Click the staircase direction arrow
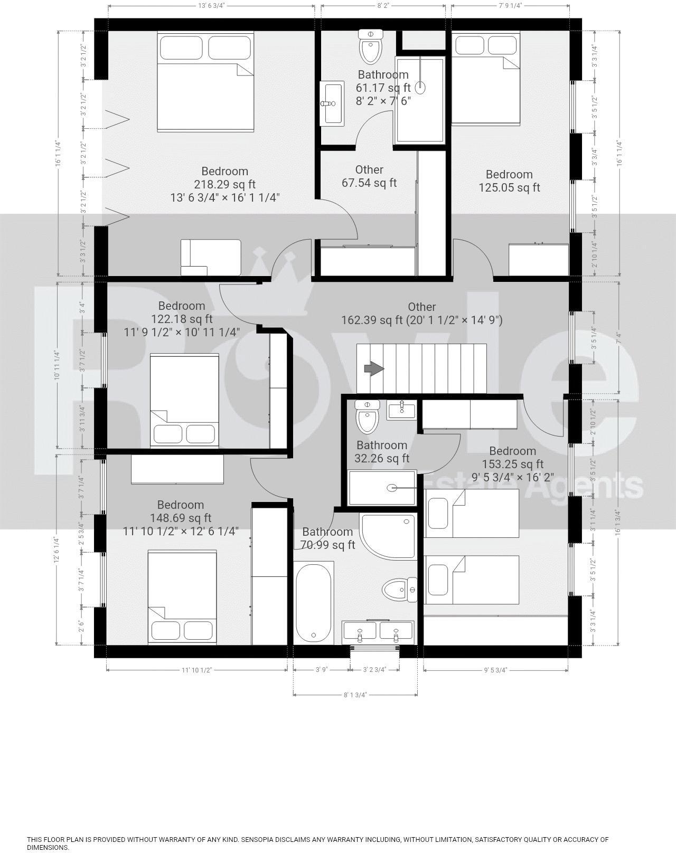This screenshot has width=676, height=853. (x=374, y=369)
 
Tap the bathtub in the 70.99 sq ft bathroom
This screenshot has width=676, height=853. (x=313, y=602)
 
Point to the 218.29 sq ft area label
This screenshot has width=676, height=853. (x=224, y=184)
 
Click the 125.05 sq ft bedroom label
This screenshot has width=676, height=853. (x=509, y=181)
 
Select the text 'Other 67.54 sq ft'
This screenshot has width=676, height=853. (x=369, y=176)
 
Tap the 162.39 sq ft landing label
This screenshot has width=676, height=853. (x=421, y=314)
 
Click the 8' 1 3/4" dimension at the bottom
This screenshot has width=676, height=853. (x=355, y=695)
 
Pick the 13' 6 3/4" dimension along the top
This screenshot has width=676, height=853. (x=211, y=6)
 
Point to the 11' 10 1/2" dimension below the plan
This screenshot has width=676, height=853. (x=196, y=670)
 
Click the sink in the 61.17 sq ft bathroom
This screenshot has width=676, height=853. (x=332, y=103)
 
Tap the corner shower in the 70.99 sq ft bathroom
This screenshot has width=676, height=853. (x=388, y=534)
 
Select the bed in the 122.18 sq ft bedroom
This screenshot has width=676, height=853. (x=184, y=401)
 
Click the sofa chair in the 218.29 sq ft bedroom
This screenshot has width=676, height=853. (x=210, y=257)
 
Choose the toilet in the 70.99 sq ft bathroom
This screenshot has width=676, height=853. (x=399, y=589)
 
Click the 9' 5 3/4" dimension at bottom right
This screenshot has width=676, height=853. (x=495, y=670)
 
